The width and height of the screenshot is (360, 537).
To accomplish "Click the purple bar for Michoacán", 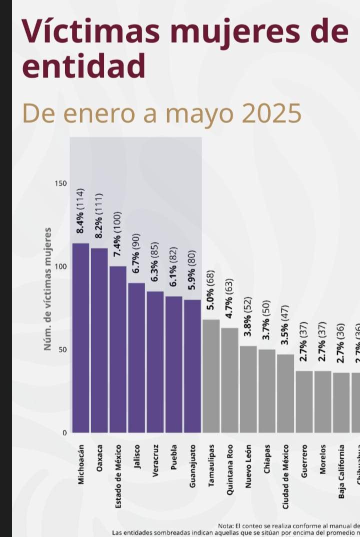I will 80,338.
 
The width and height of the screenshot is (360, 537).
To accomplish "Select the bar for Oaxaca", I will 99,340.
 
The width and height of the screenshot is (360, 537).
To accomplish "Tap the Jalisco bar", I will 136,358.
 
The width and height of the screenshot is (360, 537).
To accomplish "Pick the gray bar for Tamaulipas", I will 211,376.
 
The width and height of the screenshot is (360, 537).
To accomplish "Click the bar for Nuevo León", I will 248,389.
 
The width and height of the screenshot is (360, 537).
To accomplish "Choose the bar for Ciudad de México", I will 285,393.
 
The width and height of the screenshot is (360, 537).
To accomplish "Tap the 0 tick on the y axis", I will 64,433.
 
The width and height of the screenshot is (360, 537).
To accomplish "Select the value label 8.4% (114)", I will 80,211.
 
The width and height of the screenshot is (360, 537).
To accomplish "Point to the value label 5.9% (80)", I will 192,270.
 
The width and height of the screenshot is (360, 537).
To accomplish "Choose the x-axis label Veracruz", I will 155,460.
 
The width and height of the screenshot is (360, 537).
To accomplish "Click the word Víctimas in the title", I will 90,31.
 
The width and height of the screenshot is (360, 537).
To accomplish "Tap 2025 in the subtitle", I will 272,113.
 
